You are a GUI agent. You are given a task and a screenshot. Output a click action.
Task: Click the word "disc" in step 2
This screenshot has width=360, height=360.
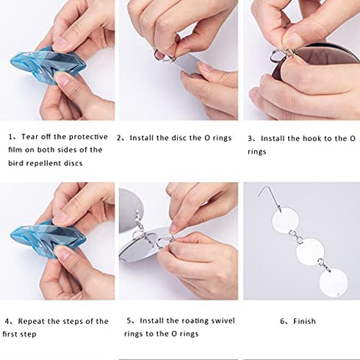click(x=179, y=138)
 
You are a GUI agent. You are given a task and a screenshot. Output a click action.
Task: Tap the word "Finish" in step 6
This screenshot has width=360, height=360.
click(x=304, y=321)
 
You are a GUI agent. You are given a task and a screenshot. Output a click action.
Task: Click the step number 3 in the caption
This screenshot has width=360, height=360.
click(x=250, y=139)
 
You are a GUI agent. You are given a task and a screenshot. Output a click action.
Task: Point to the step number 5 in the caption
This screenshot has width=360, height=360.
click(x=129, y=320)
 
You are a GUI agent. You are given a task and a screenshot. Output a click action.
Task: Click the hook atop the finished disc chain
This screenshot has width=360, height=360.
click(x=270, y=196)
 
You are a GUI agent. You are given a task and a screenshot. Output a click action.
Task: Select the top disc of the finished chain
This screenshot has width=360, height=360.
click(x=286, y=220)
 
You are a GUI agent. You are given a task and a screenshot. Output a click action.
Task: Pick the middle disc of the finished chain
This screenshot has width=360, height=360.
click(x=310, y=252)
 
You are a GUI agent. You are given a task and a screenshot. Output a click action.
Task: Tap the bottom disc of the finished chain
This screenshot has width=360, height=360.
click(x=334, y=282)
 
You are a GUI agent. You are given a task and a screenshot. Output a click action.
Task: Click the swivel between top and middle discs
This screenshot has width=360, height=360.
click(x=296, y=236)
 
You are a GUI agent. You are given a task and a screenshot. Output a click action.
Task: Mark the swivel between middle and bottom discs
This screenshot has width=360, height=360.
click(x=324, y=265)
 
